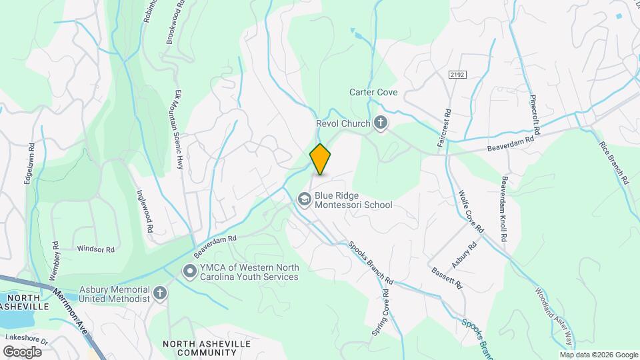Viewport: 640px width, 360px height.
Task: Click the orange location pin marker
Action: [x=320, y=159]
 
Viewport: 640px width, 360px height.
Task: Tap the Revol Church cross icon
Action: [x=381, y=123]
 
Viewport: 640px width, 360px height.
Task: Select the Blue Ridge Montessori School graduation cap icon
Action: [x=304, y=199]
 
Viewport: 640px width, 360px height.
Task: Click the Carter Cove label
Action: [x=373, y=92]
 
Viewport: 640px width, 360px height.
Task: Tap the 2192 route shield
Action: [x=456, y=75]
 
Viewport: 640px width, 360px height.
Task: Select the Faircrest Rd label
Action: [x=441, y=130]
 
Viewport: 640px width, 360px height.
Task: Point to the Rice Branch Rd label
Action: [x=614, y=163]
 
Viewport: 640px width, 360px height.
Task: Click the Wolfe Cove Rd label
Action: [x=471, y=212]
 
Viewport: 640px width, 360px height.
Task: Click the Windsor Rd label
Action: [x=96, y=249]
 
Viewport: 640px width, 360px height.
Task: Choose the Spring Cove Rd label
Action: [x=380, y=311]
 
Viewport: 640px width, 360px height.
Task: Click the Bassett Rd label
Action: [x=447, y=278]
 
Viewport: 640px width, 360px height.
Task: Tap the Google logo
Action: [x=21, y=351]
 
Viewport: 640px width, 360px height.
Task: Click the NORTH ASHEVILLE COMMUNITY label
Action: [x=207, y=348]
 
